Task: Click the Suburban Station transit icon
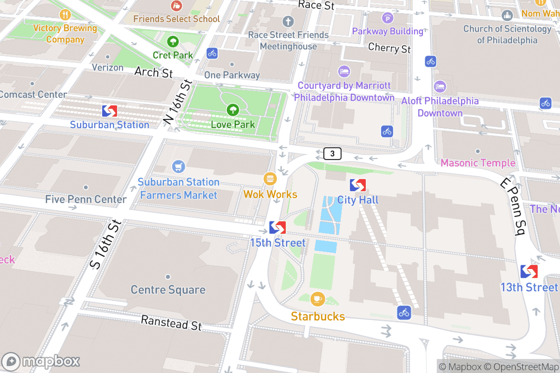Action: pyautogui.click(x=110, y=111)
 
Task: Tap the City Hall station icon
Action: pyautogui.click(x=358, y=185)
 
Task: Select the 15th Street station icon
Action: pyautogui.click(x=277, y=228)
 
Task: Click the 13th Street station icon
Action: pyautogui.click(x=529, y=271)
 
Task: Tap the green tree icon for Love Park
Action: pyautogui.click(x=232, y=110)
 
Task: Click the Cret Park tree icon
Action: pyautogui.click(x=173, y=41)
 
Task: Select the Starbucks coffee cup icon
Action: pyautogui.click(x=318, y=298)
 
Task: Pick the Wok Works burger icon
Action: pyautogui.click(x=270, y=179)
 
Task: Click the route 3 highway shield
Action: pyautogui.click(x=332, y=153)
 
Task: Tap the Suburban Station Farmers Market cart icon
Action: pyautogui.click(x=178, y=166)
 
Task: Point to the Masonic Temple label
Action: pyautogui.click(x=478, y=163)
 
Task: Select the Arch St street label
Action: pyautogui.click(x=154, y=72)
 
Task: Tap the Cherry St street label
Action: pyautogui.click(x=389, y=48)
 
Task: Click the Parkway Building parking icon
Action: pyautogui.click(x=388, y=18)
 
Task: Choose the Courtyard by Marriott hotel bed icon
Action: pyautogui.click(x=344, y=71)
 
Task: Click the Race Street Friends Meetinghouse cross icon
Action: pyautogui.click(x=288, y=21)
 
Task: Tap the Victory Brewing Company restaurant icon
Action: pyautogui.click(x=65, y=14)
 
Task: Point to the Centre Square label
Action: pyautogui.click(x=168, y=290)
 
